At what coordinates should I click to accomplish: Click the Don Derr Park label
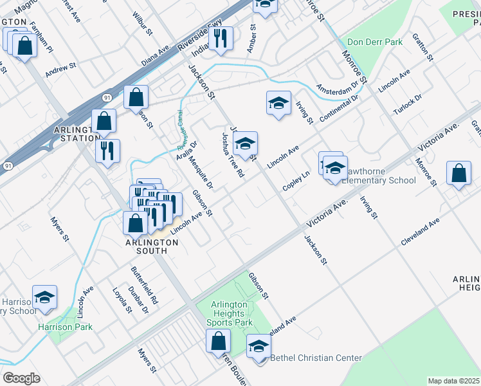374,42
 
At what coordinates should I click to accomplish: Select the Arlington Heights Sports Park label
230,313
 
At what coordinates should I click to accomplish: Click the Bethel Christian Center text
316,358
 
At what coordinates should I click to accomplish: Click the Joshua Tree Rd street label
232,156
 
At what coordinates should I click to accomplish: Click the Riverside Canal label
179,127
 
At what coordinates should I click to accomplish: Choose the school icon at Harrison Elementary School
44,297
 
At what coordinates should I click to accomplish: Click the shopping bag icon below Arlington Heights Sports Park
218,340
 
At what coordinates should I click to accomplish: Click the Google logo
21,378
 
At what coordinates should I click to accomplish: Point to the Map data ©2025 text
453,381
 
